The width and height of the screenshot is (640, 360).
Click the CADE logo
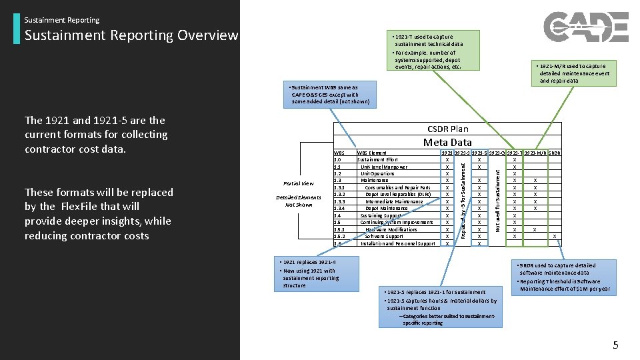[x=585, y=27]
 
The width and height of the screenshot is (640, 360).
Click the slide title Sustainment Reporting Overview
[x=131, y=35]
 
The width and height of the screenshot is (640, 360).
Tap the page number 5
[x=615, y=345]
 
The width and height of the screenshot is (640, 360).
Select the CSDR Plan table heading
[x=447, y=129]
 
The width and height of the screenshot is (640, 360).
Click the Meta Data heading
[x=447, y=142]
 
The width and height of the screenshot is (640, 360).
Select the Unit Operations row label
[x=377, y=173]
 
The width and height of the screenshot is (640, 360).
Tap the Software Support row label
[x=384, y=236]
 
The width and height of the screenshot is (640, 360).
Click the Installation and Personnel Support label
[x=397, y=243]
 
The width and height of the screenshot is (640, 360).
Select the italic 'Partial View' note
[x=298, y=183]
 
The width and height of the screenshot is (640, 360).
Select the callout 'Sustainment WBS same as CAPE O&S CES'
[x=327, y=95]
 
